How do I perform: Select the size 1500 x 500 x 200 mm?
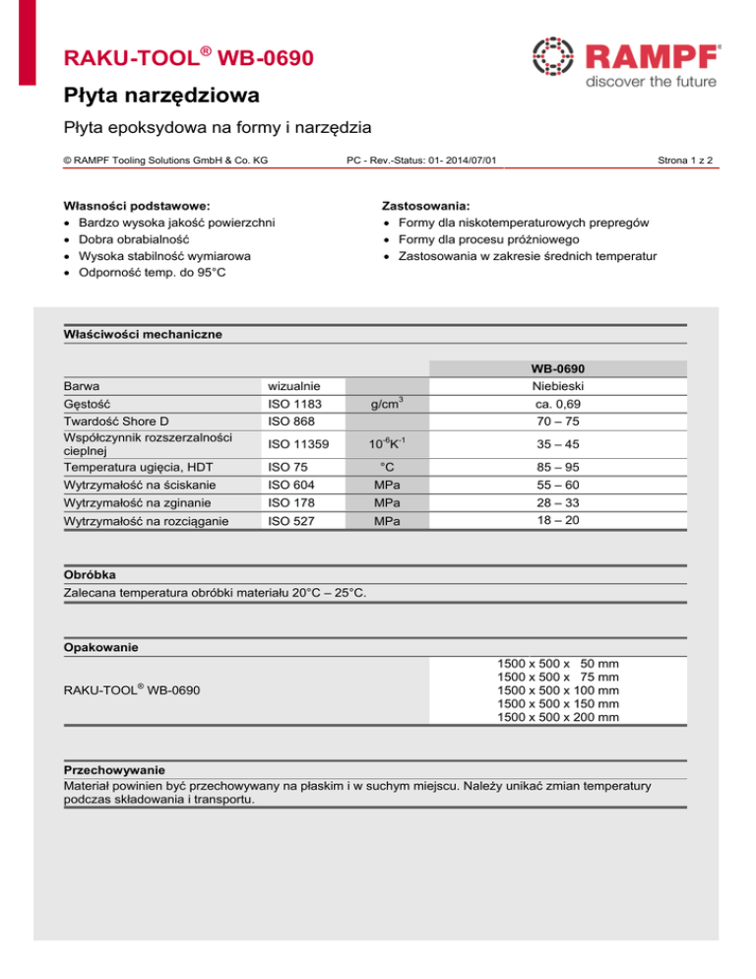(x=558, y=718)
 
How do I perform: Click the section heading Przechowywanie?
(x=114, y=768)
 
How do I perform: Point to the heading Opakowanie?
(x=99, y=648)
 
